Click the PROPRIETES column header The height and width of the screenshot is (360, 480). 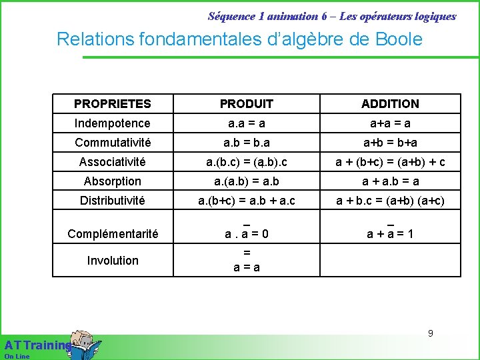click(x=113, y=104)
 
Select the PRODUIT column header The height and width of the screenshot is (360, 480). click(x=246, y=104)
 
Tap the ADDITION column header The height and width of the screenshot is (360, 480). click(x=390, y=104)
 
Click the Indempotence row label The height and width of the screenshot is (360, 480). click(x=113, y=123)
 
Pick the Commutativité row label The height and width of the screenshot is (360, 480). click(x=113, y=143)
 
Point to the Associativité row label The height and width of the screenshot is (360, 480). click(x=113, y=162)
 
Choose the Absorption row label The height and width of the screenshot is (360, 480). click(x=113, y=181)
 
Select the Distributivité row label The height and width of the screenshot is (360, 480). click(x=113, y=201)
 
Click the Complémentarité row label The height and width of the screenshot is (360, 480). click(x=113, y=234)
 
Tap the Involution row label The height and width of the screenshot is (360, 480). click(x=113, y=261)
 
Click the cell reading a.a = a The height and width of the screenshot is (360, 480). click(x=246, y=123)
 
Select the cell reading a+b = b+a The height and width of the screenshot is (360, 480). click(x=390, y=143)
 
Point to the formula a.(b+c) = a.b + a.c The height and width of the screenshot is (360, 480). click(x=246, y=201)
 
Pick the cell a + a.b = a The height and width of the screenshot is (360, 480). click(x=390, y=181)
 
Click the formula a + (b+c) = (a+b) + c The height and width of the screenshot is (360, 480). click(x=390, y=162)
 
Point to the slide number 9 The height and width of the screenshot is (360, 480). click(x=431, y=333)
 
